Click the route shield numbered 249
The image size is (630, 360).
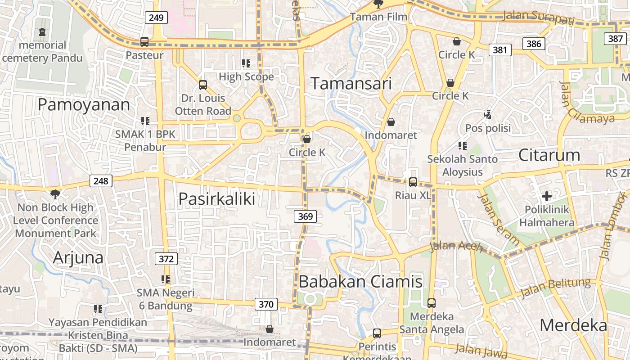tap(156, 18)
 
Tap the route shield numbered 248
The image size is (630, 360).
tap(101, 181)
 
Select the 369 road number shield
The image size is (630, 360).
tap(306, 216)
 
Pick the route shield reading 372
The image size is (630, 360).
tap(166, 259)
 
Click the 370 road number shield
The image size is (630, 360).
tap(266, 304)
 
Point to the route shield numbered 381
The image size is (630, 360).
tap(500, 49)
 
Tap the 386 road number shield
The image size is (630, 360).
tap(534, 44)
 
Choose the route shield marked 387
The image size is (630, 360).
tap(615, 38)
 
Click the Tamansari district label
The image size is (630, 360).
tap(351, 84)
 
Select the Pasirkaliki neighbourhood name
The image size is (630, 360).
tap(217, 199)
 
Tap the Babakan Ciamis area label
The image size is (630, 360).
tap(360, 282)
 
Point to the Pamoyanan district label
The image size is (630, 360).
tap(84, 105)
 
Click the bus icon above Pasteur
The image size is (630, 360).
tap(144, 42)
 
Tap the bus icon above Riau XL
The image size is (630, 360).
tap(413, 182)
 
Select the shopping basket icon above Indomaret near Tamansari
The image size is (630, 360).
tap(391, 122)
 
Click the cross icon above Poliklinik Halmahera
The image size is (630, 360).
tap(547, 196)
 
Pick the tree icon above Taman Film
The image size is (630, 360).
tap(378, 4)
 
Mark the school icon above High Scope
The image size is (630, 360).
tap(246, 63)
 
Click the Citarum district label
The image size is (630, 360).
tap(549, 155)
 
